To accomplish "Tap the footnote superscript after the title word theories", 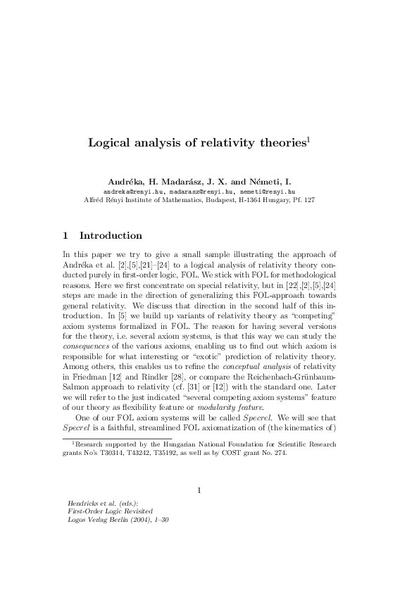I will (308, 139).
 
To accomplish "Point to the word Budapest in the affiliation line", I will (225, 200).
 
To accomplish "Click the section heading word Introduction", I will (111, 236).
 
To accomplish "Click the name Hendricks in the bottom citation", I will (82, 504).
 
